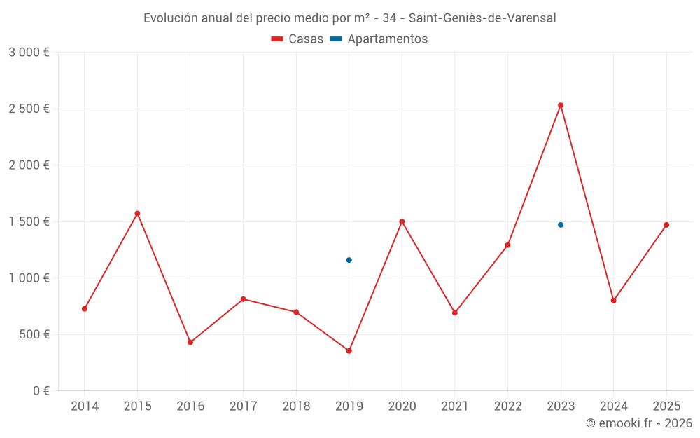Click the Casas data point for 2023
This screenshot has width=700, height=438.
click(561, 105)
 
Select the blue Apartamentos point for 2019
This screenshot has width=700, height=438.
click(349, 260)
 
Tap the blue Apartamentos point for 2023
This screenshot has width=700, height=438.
click(561, 225)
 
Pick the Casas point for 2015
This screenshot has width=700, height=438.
click(137, 213)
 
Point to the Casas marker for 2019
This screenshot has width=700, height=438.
click(349, 351)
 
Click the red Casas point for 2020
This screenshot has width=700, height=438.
click(402, 221)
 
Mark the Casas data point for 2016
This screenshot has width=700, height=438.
click(190, 342)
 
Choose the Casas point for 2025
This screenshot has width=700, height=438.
click(666, 225)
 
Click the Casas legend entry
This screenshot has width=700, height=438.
click(297, 39)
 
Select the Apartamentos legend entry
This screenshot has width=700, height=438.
click(379, 39)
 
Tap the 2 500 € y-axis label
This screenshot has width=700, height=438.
click(29, 109)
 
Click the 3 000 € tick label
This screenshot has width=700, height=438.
click(29, 52)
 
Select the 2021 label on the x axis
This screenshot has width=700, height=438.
click(455, 406)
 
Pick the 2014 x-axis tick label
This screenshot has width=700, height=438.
click(85, 406)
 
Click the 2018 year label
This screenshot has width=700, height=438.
click(296, 406)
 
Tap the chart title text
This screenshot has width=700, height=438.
click(349, 18)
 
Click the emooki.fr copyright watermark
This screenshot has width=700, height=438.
click(638, 423)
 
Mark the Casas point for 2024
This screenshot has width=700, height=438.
click(613, 301)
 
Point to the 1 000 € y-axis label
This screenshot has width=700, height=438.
click(29, 278)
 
